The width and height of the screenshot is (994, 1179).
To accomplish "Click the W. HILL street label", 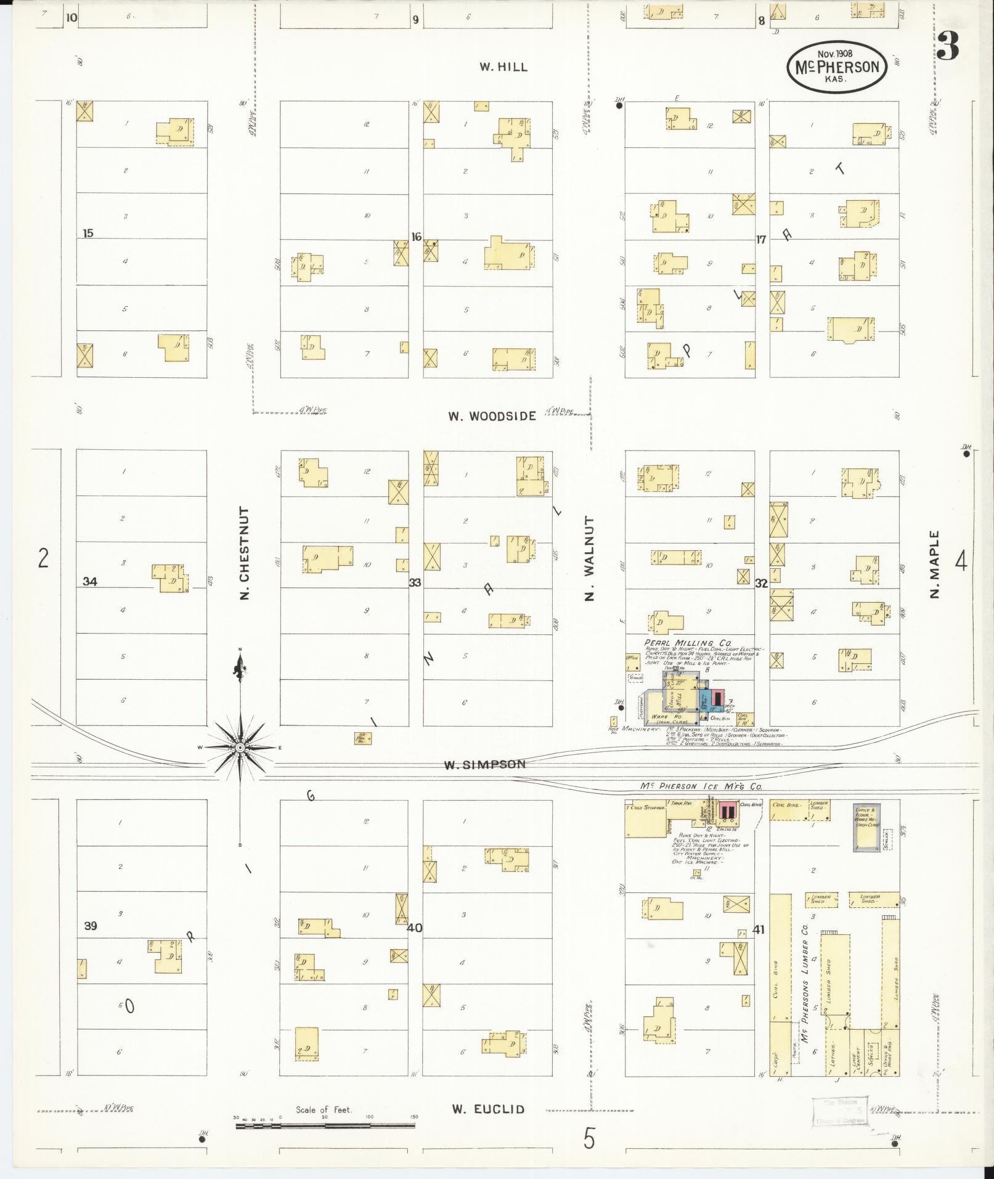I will point(503,67).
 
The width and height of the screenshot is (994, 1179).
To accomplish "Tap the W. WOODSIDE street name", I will point(492,416).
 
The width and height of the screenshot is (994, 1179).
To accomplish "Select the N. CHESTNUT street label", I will point(245,553).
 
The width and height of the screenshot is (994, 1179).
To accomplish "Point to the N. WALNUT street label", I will point(590,559).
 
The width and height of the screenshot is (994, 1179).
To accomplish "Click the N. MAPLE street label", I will point(935,565).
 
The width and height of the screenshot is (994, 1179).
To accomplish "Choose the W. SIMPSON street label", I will point(486,764).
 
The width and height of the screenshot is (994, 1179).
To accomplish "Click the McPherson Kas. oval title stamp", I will point(837,67).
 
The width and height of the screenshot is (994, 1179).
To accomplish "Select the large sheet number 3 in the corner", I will point(947,46).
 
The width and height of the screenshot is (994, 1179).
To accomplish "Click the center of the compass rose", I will point(240,747).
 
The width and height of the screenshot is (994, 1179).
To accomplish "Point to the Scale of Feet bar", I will point(325,1126).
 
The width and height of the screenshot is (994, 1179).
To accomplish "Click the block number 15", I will point(88,233).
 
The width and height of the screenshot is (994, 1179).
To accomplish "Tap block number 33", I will point(415,582).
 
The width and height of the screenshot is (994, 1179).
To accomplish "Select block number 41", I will point(758,929).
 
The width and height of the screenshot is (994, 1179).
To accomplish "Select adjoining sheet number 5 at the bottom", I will point(590,1139).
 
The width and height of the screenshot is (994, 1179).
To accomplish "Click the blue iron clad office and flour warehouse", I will point(866,828).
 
